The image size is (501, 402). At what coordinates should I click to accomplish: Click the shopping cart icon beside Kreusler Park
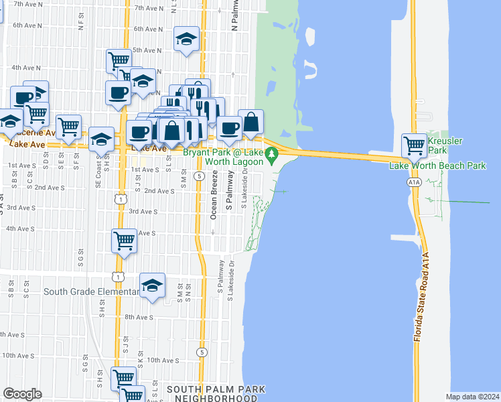click(415, 144)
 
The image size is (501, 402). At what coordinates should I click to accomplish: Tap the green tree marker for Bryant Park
click(271, 157)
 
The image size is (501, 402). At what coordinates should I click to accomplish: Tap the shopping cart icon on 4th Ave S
click(124, 241)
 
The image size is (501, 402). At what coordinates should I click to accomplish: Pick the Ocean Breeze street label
click(214, 195)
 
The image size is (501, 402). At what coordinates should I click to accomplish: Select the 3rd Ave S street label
click(142, 212)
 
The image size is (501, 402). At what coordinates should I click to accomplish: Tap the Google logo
click(22, 393)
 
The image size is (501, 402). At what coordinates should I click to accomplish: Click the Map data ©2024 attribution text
click(472, 397)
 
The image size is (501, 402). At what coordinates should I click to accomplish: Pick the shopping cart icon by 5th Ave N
click(119, 61)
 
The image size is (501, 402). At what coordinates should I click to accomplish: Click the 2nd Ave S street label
click(159, 191)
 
